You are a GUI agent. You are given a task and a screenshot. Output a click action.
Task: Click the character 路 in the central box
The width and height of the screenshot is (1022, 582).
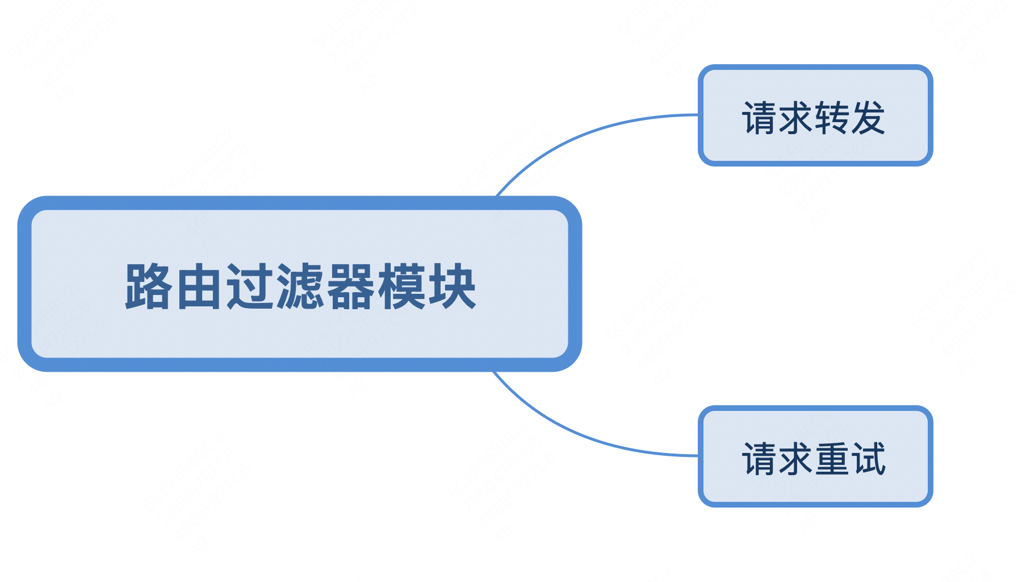[x=148, y=286]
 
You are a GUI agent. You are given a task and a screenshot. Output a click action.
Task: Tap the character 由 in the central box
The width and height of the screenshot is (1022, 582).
[x=199, y=286]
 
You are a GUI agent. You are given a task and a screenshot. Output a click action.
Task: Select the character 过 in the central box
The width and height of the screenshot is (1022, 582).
[x=249, y=286]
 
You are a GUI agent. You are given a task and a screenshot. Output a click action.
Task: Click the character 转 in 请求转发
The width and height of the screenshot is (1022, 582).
[x=832, y=118]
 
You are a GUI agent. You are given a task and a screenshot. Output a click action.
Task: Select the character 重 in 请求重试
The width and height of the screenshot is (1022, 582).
[x=832, y=459]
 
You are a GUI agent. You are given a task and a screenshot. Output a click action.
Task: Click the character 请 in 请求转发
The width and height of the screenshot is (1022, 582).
[x=760, y=118]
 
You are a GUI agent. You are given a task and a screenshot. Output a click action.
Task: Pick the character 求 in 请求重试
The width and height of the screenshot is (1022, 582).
[x=796, y=459]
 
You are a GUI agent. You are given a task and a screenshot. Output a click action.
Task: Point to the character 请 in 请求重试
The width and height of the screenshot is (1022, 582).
[x=760, y=459]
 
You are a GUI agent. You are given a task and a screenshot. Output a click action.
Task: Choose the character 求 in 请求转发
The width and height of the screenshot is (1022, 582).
[x=796, y=118]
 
